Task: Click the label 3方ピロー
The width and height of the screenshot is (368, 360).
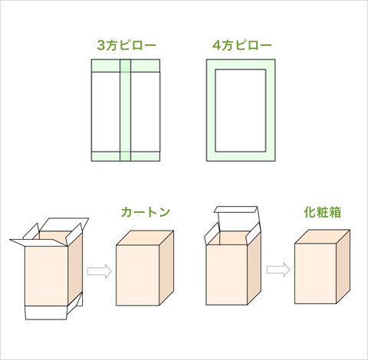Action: tap(126, 45)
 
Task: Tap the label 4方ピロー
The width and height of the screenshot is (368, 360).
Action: tap(240, 45)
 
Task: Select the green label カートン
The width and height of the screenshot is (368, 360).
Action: tap(145, 211)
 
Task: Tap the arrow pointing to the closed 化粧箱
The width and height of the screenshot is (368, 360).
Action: tap(278, 270)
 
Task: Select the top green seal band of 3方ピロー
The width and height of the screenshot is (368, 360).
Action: tap(126, 64)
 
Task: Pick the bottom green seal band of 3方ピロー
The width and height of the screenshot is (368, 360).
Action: tap(126, 156)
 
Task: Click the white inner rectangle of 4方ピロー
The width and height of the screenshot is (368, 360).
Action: tap(240, 110)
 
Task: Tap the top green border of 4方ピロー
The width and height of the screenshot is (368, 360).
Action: tap(240, 64)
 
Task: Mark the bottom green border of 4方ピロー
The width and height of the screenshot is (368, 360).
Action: tap(240, 156)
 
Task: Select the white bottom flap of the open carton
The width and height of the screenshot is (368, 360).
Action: tap(47, 313)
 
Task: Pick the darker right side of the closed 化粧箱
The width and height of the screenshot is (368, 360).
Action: tap(343, 265)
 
